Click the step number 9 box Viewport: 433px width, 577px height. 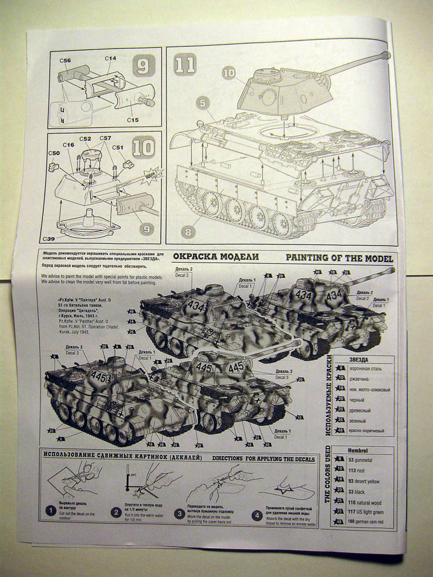tap(144, 66)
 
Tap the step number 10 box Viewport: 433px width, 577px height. tap(143, 148)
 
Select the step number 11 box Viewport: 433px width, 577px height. tap(184, 64)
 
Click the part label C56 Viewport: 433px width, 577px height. tap(65, 61)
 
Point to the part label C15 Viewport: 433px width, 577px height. tap(133, 120)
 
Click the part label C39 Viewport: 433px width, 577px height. tap(50, 239)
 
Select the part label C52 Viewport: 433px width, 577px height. tap(85, 139)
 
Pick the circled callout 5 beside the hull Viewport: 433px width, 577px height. tap(202, 103)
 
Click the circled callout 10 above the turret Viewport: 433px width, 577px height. tap(229, 72)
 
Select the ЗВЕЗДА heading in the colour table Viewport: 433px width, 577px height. tap(358, 359)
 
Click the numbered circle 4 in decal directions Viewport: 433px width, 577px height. tap(256, 516)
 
